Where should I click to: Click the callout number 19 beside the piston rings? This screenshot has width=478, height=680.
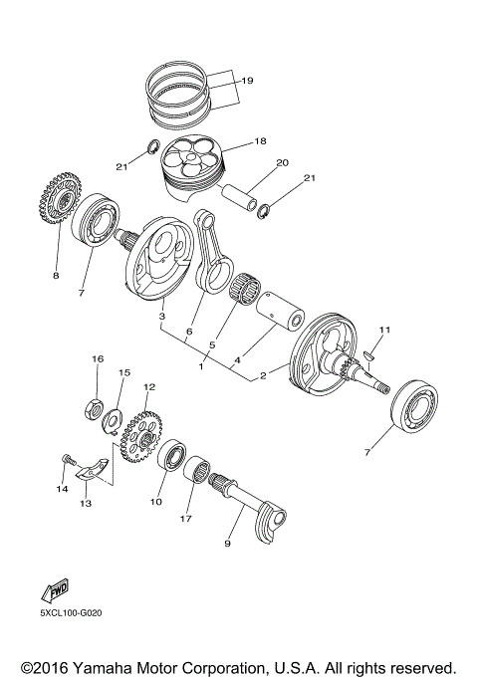[247, 80]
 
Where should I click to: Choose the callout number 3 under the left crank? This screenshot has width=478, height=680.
[160, 316]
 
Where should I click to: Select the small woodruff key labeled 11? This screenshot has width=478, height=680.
[366, 349]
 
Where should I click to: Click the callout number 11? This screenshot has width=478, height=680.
[384, 330]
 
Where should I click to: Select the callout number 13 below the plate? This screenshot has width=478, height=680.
[86, 504]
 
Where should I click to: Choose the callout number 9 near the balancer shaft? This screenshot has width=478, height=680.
[227, 545]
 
